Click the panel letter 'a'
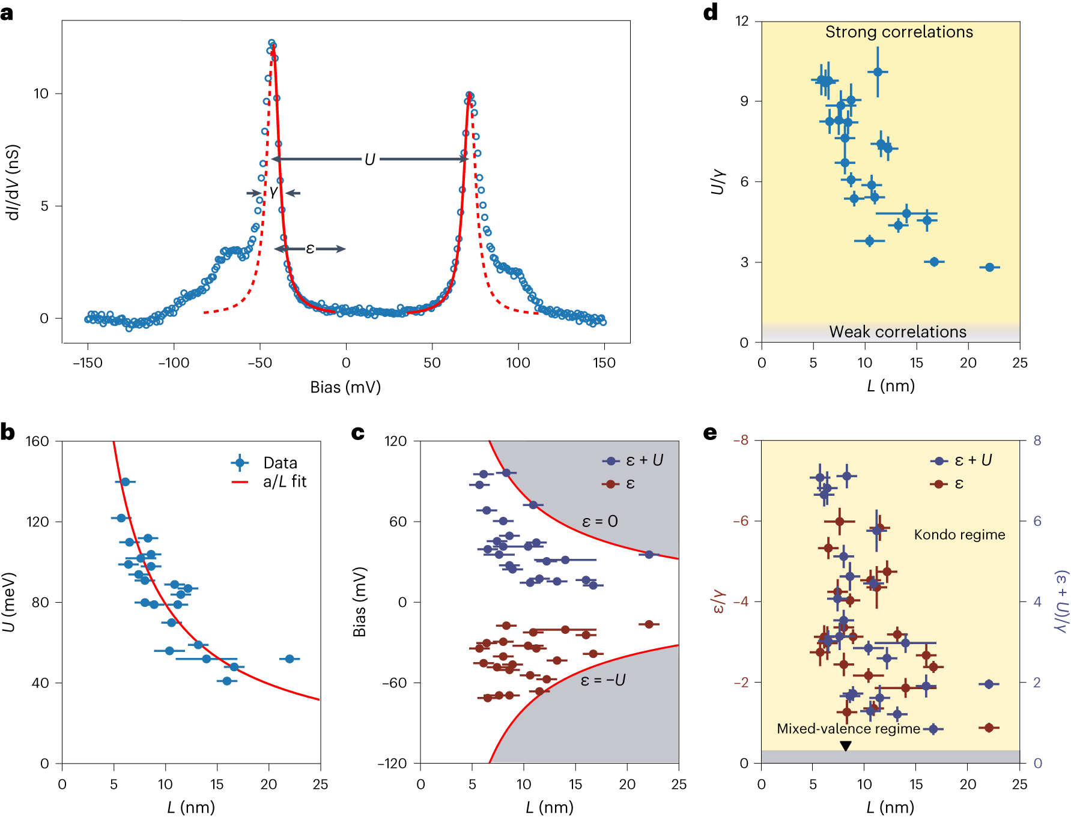coord(7,12)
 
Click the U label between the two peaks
coord(369,160)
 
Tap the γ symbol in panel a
coord(273,192)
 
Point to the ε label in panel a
coord(310,248)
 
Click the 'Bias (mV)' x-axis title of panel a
coord(345,387)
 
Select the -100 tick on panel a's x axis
coord(174,363)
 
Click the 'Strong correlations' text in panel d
coord(899,32)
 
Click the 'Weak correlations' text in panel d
coord(897,332)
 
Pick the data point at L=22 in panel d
coord(989,267)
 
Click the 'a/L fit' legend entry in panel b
coord(284,482)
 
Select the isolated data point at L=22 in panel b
coord(290,659)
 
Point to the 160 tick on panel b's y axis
coord(37,441)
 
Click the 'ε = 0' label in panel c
coord(599,522)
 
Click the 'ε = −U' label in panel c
coord(602,680)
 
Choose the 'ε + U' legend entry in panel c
coord(643,460)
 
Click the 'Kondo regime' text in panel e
coord(959,535)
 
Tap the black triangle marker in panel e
coord(846,746)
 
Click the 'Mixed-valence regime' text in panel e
coord(848,729)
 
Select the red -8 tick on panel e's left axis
coord(741,441)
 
